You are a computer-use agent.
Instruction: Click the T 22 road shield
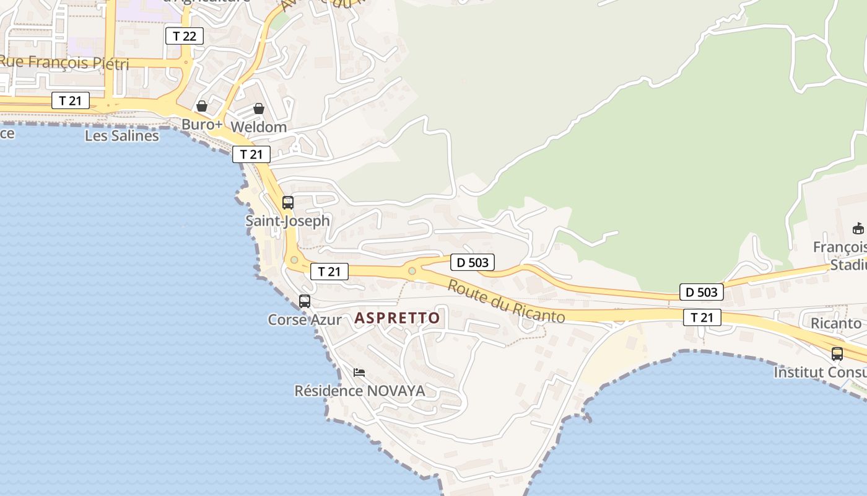click(x=185, y=36)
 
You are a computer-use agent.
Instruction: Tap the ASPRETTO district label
click(x=397, y=318)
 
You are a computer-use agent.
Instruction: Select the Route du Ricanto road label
click(x=506, y=301)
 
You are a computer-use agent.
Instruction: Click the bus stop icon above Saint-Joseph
click(x=288, y=202)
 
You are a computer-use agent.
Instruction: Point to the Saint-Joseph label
click(x=288, y=221)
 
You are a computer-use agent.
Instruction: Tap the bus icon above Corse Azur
click(x=305, y=301)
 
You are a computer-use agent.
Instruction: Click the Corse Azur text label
click(x=305, y=320)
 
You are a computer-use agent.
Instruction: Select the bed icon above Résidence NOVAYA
click(x=359, y=373)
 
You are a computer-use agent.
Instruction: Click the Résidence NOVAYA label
click(x=360, y=391)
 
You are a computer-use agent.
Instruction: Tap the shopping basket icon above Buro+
click(x=201, y=106)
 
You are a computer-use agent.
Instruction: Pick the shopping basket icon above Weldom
click(x=259, y=108)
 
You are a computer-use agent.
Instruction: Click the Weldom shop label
click(x=259, y=127)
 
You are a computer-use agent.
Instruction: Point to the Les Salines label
click(x=122, y=135)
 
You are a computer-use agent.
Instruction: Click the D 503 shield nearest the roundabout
click(x=473, y=262)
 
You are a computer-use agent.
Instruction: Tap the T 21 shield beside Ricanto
click(x=702, y=317)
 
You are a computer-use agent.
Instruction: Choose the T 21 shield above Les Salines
click(x=71, y=100)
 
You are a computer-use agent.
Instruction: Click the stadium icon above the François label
click(x=858, y=229)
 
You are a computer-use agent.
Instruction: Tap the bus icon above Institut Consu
click(x=837, y=354)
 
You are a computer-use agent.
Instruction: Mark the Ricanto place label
click(x=836, y=323)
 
